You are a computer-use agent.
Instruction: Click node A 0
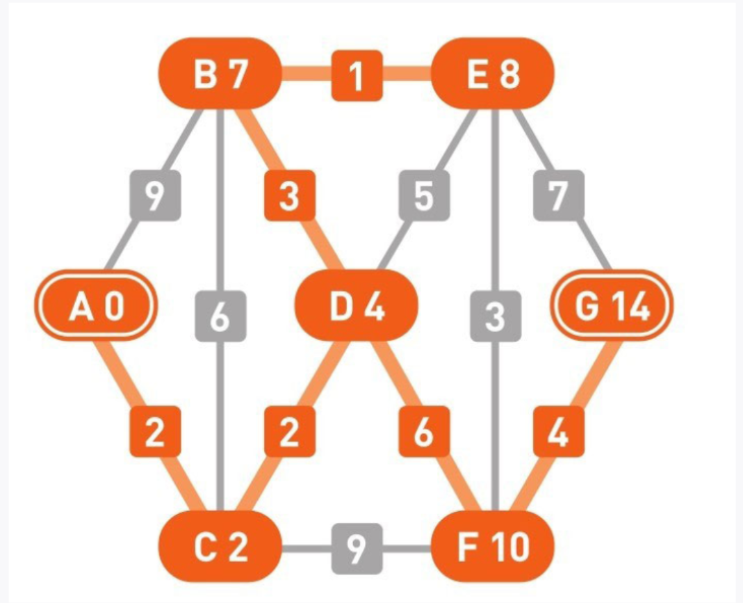pos(96,306)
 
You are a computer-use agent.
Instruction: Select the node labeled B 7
pos(220,74)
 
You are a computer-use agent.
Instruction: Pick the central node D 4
pos(357,306)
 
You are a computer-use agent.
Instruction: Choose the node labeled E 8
pos(493,74)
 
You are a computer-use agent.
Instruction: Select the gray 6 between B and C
pos(220,317)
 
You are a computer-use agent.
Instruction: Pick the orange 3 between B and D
pos(289,195)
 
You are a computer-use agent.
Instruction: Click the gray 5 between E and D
pos(423,195)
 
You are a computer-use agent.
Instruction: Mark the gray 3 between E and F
pos(493,317)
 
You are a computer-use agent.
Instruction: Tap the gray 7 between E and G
pos(558,195)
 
